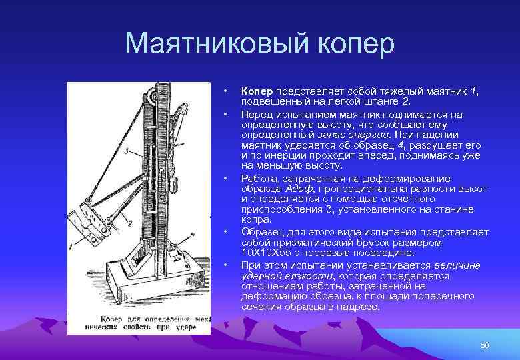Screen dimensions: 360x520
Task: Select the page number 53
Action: pos(485,345)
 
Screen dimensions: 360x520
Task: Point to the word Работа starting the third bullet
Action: pos(259,179)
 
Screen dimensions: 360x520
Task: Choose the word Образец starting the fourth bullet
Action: pos(263,232)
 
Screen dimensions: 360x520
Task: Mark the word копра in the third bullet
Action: pos(256,219)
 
